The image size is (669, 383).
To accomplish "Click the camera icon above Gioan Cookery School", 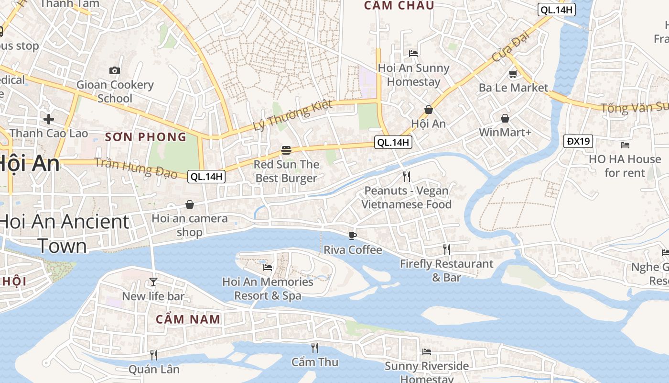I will tap(115, 71).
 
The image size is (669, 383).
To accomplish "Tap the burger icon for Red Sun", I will tap(286, 150).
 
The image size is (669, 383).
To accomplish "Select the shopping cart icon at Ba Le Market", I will tap(513, 74).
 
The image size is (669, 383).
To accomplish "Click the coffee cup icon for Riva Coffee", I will tap(353, 235).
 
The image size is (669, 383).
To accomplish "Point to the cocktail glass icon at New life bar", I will tap(153, 282).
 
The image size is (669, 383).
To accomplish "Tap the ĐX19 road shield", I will tap(578, 141).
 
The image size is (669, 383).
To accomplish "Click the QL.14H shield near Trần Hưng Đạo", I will tap(206, 177).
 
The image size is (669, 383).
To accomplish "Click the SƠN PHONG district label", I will tap(146, 137).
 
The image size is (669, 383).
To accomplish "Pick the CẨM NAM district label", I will tap(188, 319).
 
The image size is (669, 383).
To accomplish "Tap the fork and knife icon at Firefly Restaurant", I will tap(446, 249).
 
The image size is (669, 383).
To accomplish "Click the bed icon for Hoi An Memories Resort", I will tap(268, 267).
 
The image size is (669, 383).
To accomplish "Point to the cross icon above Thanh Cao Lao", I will tap(48, 119).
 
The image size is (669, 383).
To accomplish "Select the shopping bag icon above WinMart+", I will tap(505, 118).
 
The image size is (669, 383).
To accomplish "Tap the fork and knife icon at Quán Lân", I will tap(154, 355).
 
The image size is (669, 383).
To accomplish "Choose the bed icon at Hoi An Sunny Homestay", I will tap(413, 53).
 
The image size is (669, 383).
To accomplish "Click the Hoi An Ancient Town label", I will tap(64, 234).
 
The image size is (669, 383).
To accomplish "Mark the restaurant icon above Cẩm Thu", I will tap(314, 348).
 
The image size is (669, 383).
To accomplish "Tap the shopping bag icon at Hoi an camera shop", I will tap(190, 204).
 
